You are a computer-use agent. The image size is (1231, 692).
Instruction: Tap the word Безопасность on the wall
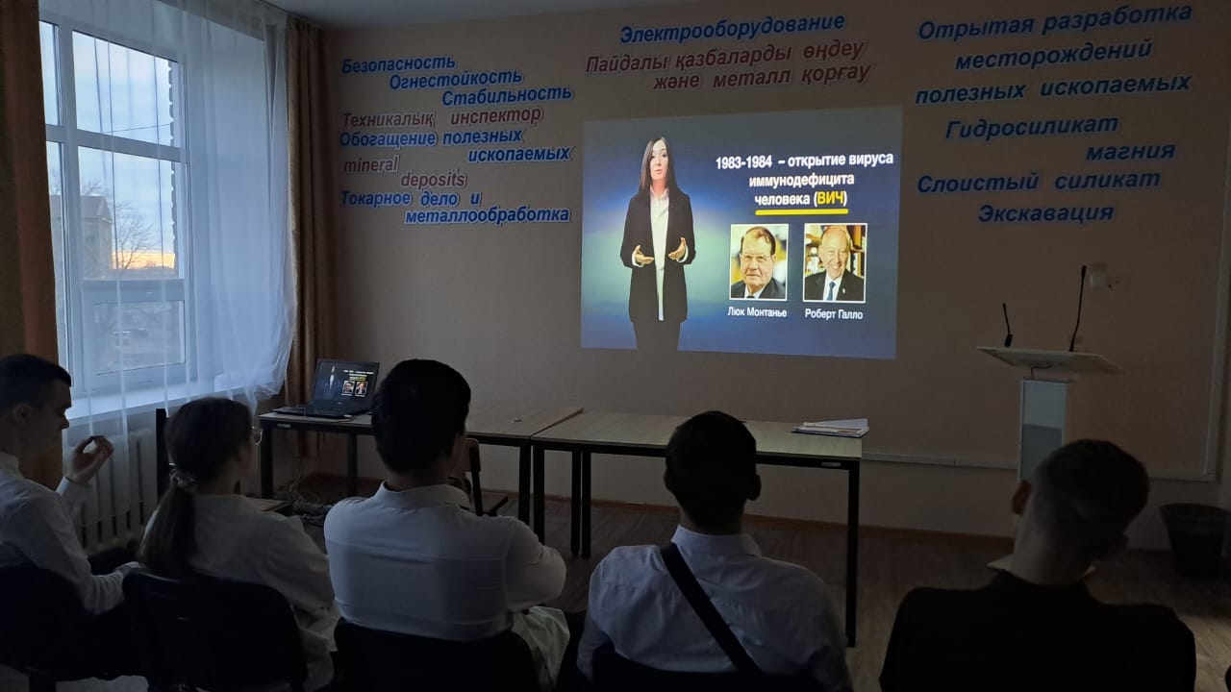pyautogui.click(x=398, y=64)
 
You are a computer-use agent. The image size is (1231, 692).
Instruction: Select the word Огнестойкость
pyautogui.click(x=456, y=80)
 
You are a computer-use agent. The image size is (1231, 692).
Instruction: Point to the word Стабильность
pyautogui.click(x=507, y=96)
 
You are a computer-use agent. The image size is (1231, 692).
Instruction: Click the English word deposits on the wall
pyautogui.click(x=434, y=179)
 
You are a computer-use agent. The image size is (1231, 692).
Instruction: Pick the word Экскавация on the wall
pyautogui.click(x=1045, y=213)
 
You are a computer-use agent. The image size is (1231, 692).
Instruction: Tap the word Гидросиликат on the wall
pyautogui.click(x=1032, y=128)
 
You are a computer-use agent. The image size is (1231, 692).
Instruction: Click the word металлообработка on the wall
pyautogui.click(x=488, y=215)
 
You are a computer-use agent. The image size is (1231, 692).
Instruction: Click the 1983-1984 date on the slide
pyautogui.click(x=743, y=162)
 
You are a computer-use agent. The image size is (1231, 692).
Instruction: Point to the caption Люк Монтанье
pyautogui.click(x=757, y=312)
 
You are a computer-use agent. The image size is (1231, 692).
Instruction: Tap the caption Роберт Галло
pyautogui.click(x=833, y=314)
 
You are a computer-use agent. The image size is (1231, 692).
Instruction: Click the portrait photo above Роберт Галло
pyautogui.click(x=834, y=262)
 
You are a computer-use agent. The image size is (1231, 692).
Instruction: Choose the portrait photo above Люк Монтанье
pyautogui.click(x=759, y=261)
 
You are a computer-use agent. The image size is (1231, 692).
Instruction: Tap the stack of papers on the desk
pyautogui.click(x=831, y=427)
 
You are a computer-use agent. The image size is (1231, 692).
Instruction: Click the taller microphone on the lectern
pyautogui.click(x=1078, y=308)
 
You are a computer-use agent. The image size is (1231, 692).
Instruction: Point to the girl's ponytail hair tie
pyautogui.click(x=183, y=480)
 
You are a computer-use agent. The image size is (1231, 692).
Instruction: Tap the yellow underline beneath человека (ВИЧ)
pyautogui.click(x=801, y=210)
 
